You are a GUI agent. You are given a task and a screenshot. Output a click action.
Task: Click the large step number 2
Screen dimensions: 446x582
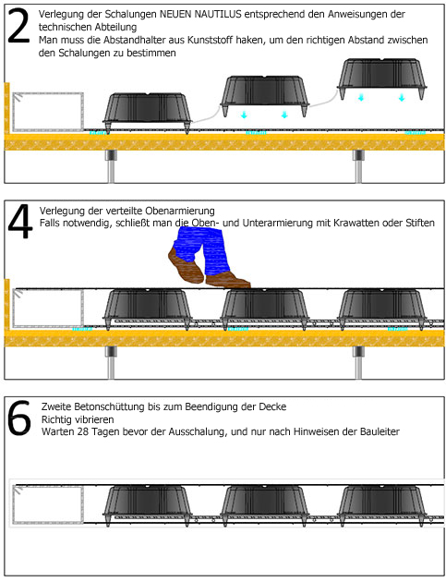18,26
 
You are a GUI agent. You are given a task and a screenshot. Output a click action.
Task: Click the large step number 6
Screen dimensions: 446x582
19,418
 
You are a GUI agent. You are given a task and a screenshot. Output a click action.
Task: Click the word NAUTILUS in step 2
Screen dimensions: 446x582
218,14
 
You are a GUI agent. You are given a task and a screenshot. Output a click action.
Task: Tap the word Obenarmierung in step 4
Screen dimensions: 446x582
180,211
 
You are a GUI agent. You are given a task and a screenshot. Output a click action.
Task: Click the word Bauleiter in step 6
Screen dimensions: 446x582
380,431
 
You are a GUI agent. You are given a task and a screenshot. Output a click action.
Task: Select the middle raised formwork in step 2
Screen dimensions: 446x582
265,95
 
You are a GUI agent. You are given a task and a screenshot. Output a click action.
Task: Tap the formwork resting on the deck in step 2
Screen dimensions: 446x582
148,112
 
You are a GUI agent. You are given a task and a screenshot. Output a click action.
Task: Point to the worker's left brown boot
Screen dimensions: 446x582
187,265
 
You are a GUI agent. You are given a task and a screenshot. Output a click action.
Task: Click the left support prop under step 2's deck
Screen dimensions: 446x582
111,166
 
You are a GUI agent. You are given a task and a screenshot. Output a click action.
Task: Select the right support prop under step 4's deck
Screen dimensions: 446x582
358,363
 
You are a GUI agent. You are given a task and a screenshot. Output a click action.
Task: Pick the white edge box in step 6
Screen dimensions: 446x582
48,504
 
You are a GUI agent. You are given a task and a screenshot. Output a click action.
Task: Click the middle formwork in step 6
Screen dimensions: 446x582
265,504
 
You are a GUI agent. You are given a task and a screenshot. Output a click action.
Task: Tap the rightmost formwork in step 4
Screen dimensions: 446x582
382,309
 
